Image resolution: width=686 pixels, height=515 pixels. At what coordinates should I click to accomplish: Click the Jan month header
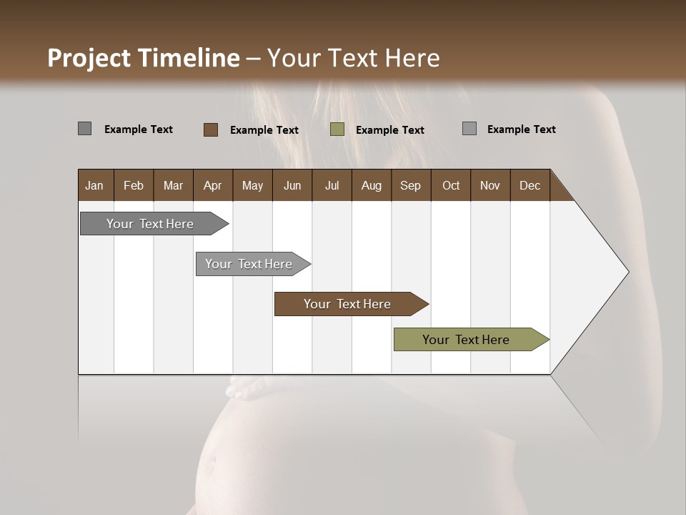tap(95, 185)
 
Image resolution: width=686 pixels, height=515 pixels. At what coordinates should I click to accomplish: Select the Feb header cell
tap(134, 185)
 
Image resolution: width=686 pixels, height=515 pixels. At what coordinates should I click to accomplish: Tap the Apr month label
tap(213, 185)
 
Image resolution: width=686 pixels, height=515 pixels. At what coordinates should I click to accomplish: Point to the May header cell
tap(252, 185)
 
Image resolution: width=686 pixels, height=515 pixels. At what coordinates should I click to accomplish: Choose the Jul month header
tap(332, 185)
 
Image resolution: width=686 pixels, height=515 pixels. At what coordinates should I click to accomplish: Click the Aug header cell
tap(372, 185)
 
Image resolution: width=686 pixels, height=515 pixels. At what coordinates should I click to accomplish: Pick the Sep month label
tap(411, 185)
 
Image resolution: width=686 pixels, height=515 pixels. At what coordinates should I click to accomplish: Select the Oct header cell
tap(451, 185)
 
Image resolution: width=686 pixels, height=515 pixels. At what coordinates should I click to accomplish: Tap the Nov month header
tap(490, 185)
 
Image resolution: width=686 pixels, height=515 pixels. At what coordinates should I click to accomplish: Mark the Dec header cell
tap(530, 185)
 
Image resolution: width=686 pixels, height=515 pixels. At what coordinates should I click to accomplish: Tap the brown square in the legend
tap(211, 129)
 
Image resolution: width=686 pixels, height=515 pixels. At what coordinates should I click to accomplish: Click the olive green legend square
tap(337, 129)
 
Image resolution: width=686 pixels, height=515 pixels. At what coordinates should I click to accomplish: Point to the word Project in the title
tap(89, 58)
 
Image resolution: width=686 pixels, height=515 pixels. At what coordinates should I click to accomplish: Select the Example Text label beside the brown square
tap(264, 130)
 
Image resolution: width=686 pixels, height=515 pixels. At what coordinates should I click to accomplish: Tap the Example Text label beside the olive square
tap(390, 130)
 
